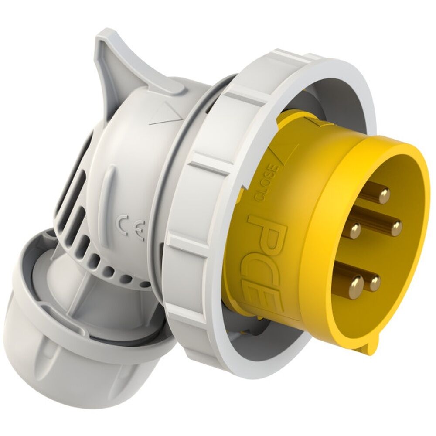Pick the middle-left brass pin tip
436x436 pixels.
(356, 229)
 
